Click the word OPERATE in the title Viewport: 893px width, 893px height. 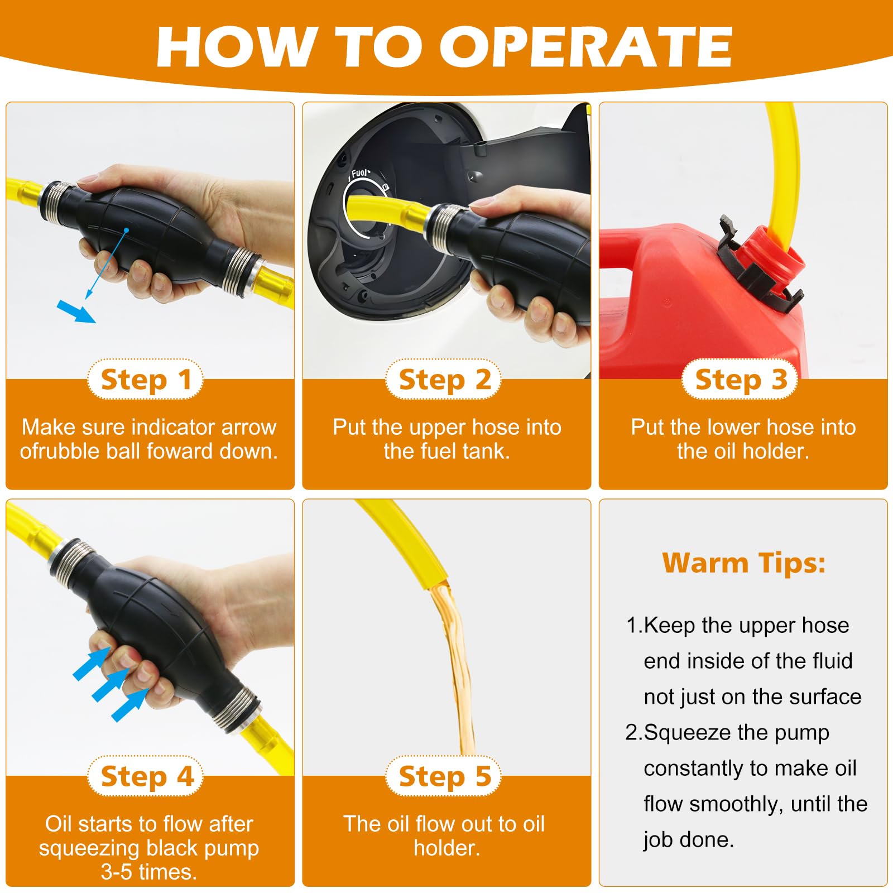pyautogui.click(x=586, y=47)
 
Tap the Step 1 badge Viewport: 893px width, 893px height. pyautogui.click(x=146, y=380)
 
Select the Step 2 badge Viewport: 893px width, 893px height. pyautogui.click(x=444, y=380)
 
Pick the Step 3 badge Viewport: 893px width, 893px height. pyautogui.click(x=740, y=380)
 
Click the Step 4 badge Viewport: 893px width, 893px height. pyautogui.click(x=146, y=776)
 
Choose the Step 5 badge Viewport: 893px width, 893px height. pyautogui.click(x=444, y=776)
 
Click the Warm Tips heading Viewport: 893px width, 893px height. pyautogui.click(x=743, y=563)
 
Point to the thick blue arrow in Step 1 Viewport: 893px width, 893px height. pyautogui.click(x=76, y=311)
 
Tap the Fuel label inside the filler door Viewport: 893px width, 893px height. pyautogui.click(x=360, y=174)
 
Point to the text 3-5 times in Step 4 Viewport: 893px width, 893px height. pyautogui.click(x=148, y=871)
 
